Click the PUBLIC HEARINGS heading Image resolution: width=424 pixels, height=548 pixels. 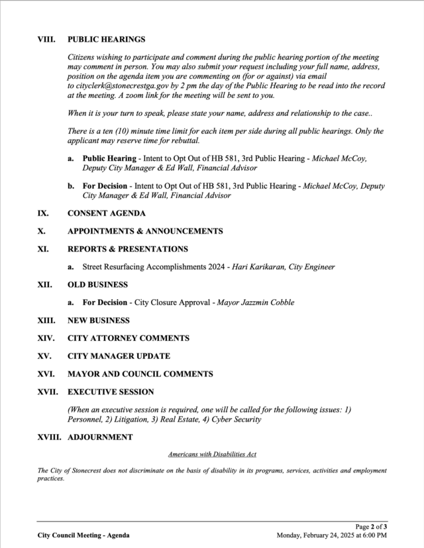pos(106,40)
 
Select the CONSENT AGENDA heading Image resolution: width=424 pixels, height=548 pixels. pos(107,214)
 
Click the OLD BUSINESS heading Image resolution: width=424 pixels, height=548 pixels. pos(97,285)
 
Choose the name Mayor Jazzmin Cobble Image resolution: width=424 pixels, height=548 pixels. pos(255,303)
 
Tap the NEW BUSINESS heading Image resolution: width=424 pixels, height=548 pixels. pos(99,321)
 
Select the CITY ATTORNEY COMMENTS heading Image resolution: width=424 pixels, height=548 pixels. pos(128,338)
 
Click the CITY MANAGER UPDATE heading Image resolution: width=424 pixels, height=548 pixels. pos(119,356)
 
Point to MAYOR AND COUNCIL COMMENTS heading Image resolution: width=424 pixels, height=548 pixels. pos(140,374)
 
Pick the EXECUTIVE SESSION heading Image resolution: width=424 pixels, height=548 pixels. pos(111,392)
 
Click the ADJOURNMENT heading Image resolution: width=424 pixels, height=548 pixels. pos(100,437)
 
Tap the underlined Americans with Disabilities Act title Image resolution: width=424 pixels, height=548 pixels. pos(212,455)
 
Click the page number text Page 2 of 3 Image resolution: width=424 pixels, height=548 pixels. pos(371,526)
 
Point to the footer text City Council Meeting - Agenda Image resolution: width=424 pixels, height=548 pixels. pos(83,535)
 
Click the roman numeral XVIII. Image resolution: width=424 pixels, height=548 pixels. pos(49,437)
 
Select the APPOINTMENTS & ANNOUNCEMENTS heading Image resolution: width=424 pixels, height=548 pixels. pos(145,232)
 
